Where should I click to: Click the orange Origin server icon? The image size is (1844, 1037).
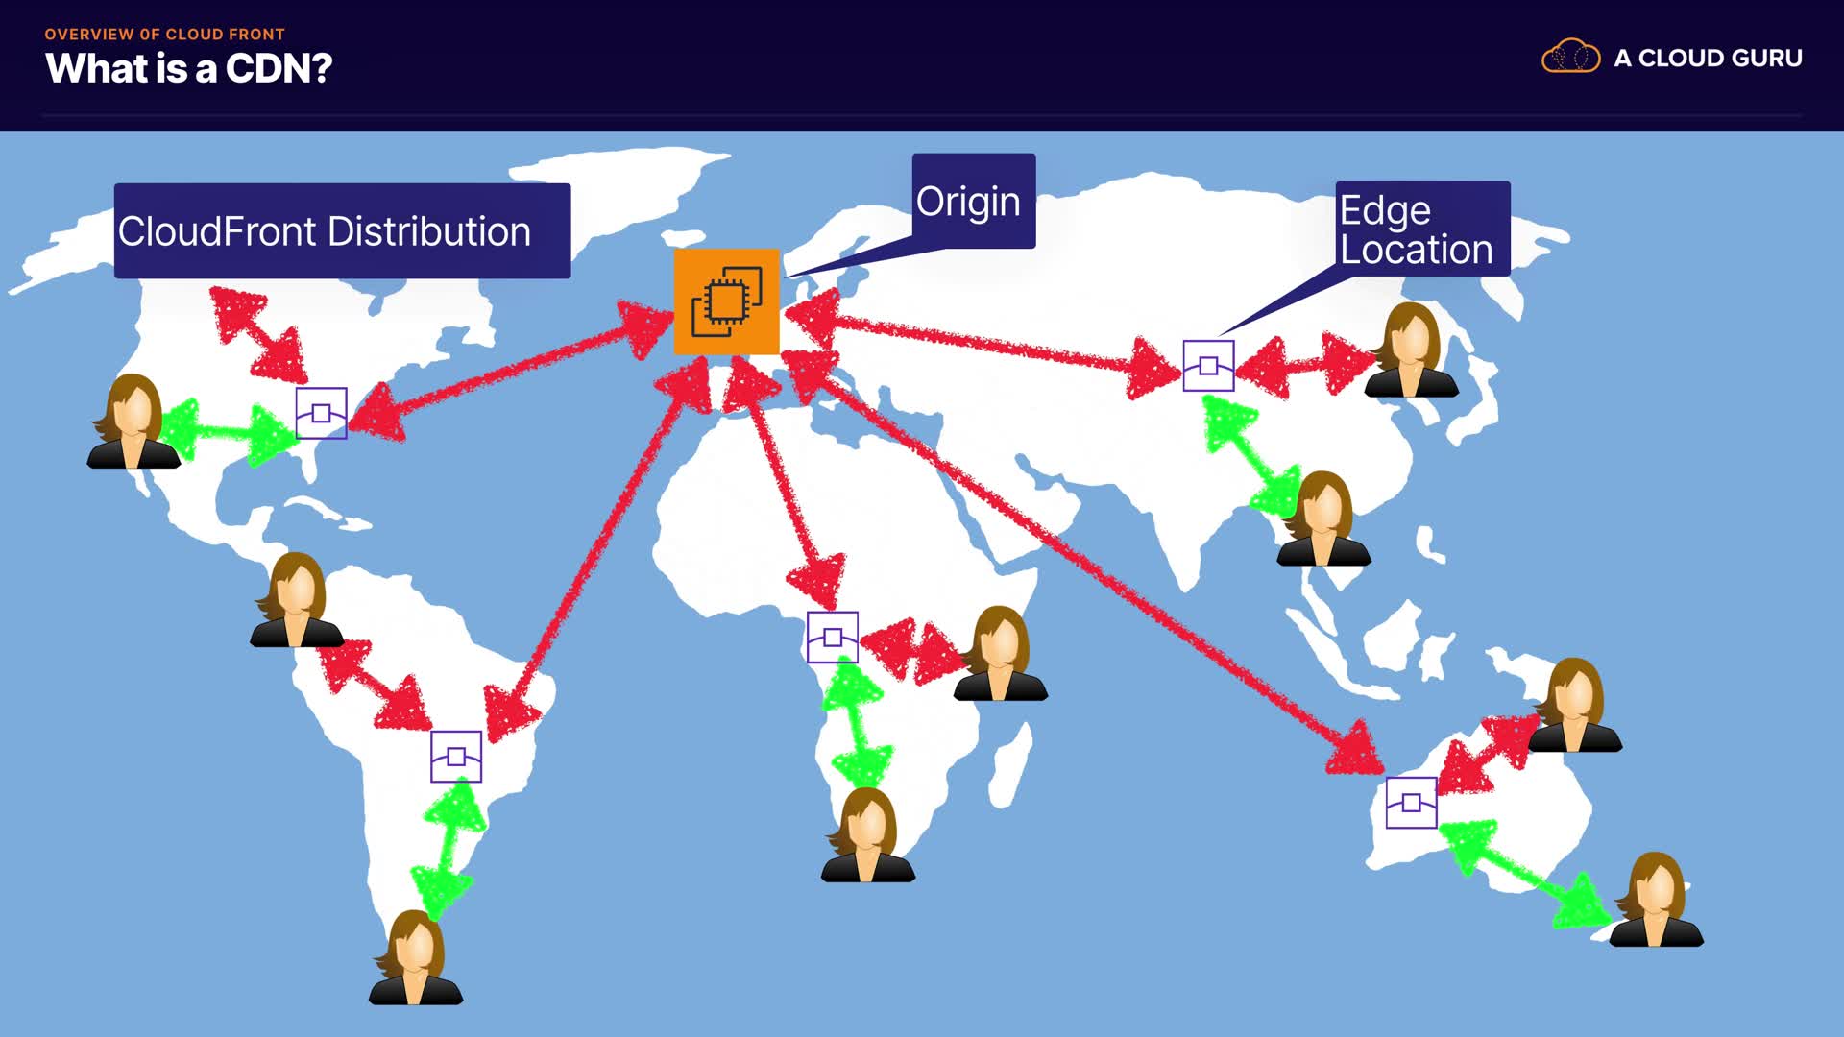tap(726, 301)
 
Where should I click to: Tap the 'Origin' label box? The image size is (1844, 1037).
tap(973, 201)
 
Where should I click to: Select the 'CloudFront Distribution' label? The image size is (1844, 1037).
tap(342, 231)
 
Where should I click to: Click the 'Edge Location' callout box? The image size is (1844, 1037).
tap(1422, 229)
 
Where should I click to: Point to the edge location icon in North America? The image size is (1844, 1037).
tap(321, 413)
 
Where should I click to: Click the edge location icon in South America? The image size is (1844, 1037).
tap(456, 757)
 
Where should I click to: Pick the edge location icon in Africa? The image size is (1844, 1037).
tap(833, 638)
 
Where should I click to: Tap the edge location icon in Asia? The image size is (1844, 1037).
tap(1208, 366)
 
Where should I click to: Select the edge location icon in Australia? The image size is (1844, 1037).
tap(1411, 803)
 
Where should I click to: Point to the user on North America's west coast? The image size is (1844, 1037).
tap(134, 422)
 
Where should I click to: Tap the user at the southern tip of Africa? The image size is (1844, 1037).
tap(868, 835)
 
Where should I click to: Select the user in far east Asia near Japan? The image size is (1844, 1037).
tap(1411, 350)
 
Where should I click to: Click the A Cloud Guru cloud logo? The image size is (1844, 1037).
tap(1570, 58)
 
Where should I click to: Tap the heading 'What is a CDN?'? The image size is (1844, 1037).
tap(189, 68)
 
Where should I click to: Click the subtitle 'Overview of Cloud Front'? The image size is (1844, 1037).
tap(164, 35)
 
